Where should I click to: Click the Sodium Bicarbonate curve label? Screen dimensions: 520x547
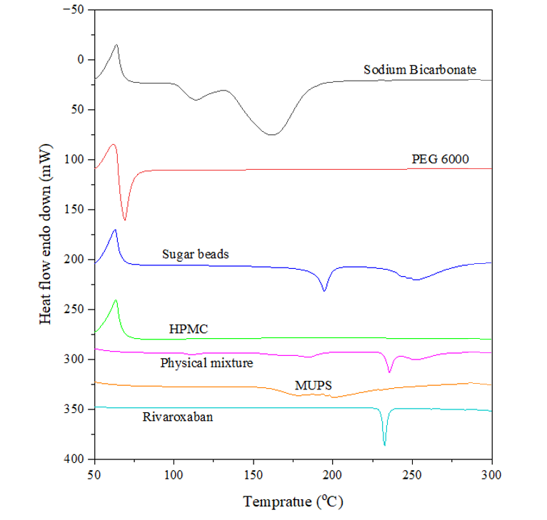tap(419, 70)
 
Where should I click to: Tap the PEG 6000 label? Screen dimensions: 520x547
tap(440, 159)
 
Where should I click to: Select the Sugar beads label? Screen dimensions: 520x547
tap(195, 254)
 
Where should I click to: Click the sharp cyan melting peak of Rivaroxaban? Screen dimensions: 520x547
tap(384, 444)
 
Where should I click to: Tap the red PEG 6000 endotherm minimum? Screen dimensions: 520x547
tap(125, 219)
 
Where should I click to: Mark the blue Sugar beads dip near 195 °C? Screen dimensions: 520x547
tap(324, 290)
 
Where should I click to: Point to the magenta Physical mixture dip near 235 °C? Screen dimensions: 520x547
tap(389, 372)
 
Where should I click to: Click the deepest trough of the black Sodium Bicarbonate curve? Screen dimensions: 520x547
tap(272, 134)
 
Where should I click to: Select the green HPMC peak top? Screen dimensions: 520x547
tap(116, 300)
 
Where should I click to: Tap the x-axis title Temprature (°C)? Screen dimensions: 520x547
tap(293, 502)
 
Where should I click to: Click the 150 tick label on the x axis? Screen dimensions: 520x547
tap(253, 474)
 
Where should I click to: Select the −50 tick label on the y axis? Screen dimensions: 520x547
tap(74, 10)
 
